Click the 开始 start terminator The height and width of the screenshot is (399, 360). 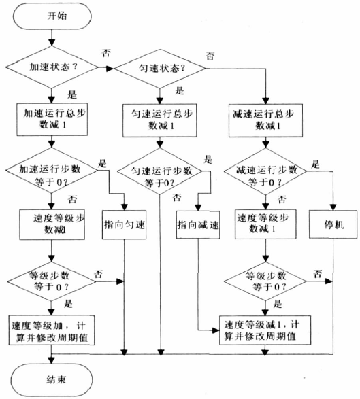[52, 16]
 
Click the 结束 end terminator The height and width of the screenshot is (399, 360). [52, 379]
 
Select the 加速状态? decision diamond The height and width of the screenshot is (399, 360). [52, 67]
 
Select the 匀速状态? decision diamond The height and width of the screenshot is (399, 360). [160, 69]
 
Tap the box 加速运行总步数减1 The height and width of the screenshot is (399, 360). [52, 119]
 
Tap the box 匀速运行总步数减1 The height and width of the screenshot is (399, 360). [160, 120]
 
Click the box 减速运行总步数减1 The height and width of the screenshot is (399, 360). [265, 120]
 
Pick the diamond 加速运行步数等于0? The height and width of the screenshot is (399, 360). [52, 171]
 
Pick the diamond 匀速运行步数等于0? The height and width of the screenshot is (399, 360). [160, 171]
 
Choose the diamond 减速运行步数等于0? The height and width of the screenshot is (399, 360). [265, 171]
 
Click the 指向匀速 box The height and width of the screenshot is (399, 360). [125, 225]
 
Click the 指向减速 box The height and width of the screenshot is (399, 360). [198, 225]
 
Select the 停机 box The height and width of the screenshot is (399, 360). [333, 224]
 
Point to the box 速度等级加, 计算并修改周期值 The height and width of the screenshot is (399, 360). [52, 330]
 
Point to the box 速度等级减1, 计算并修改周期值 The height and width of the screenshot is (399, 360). [265, 330]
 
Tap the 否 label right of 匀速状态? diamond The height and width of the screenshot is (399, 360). [210, 56]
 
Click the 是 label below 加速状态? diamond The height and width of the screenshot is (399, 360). [72, 94]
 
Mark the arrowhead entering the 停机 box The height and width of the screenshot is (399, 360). [333, 207]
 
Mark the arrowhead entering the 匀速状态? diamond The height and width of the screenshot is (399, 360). [110, 69]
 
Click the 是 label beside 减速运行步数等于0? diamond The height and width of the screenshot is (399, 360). [315, 164]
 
